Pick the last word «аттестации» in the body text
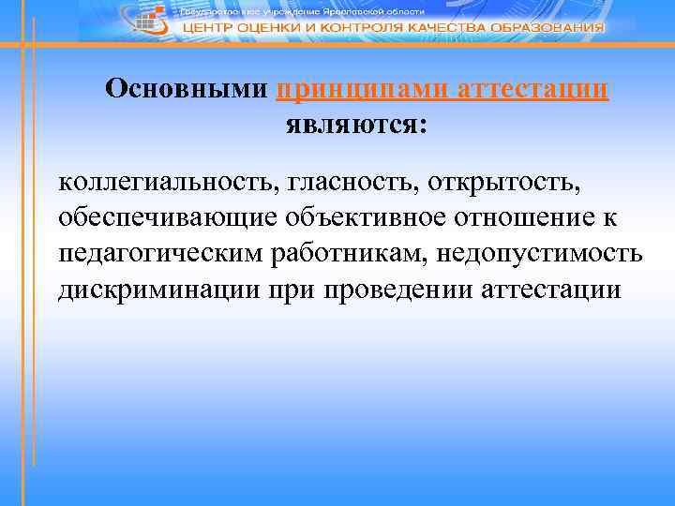pos(550,290)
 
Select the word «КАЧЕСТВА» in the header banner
pos(440,28)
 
